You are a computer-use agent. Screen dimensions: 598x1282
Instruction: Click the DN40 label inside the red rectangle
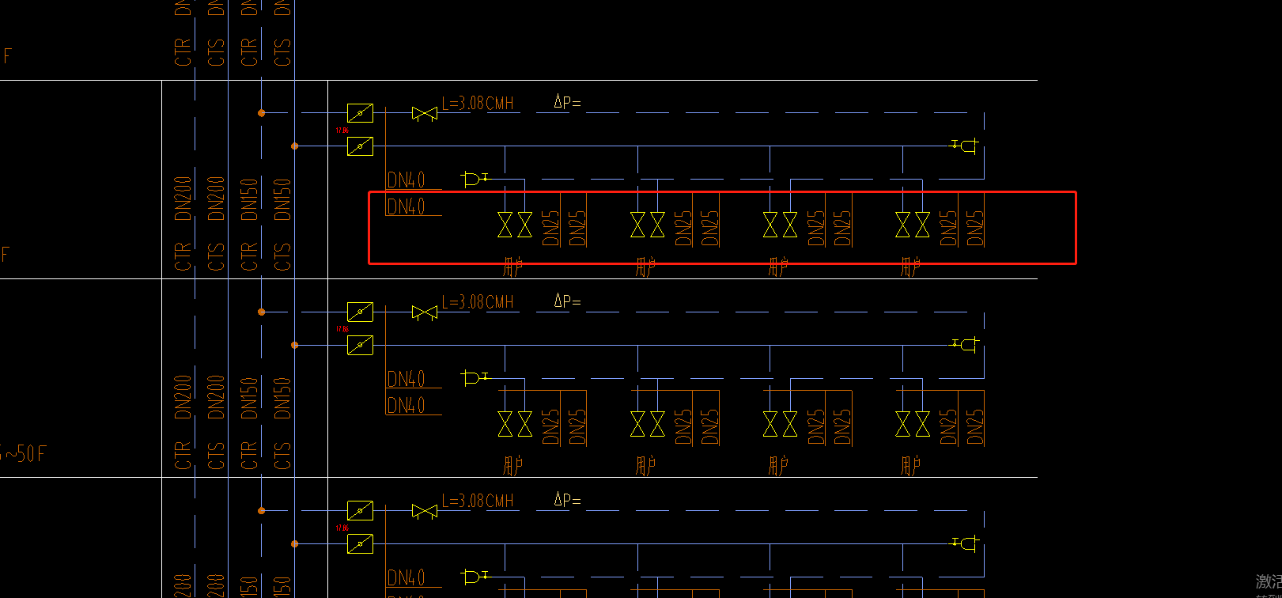[x=406, y=207]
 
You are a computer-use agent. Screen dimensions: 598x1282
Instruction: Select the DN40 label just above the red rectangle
[x=406, y=180]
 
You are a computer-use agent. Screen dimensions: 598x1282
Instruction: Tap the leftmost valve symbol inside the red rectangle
[x=505, y=225]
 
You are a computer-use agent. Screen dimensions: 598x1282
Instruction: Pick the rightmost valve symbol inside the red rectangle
[x=922, y=225]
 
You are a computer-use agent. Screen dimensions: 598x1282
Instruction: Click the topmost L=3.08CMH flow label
[x=478, y=104]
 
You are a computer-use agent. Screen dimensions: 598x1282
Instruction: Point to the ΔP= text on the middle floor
[x=567, y=301]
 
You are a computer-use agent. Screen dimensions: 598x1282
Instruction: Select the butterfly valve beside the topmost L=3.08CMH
[x=425, y=114]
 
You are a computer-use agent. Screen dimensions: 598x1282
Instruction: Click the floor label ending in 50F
[x=24, y=454]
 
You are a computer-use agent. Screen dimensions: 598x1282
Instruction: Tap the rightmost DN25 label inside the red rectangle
[x=976, y=228]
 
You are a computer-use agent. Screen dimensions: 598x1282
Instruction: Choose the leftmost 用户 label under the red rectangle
[x=512, y=267]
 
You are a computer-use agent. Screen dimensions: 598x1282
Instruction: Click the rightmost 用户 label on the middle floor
[x=910, y=466]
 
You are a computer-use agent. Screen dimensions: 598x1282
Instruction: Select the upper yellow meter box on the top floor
[x=360, y=113]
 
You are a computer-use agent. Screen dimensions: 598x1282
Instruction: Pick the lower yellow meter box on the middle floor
[x=360, y=346]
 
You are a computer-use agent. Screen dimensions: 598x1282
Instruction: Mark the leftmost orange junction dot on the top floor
[x=261, y=113]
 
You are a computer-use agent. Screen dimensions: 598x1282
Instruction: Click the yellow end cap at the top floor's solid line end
[x=966, y=146]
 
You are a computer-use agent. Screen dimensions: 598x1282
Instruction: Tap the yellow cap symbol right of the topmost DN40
[x=473, y=179]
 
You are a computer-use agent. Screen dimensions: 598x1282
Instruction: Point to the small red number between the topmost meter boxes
[x=342, y=130]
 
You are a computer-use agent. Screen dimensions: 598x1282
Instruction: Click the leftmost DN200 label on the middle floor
[x=183, y=397]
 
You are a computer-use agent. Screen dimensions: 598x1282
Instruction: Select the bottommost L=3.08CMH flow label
[x=478, y=501]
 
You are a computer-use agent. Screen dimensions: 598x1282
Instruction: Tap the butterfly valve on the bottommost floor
[x=425, y=512]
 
